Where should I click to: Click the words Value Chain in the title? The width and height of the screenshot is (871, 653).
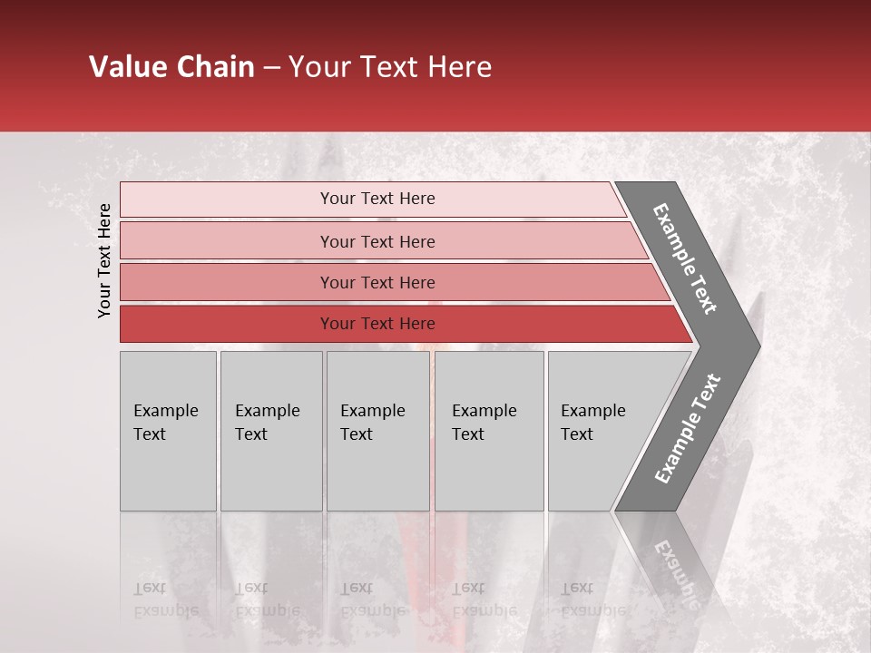pos(172,67)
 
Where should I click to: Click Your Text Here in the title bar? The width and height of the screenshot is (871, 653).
pos(390,67)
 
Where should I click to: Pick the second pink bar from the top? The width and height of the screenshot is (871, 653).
pos(377,241)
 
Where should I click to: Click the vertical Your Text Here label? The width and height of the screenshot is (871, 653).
pos(104,260)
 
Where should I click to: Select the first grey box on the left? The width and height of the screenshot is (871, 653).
pos(168,431)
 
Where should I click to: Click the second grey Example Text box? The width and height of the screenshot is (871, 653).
pos(271,431)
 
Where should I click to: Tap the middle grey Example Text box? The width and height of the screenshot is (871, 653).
pos(377,431)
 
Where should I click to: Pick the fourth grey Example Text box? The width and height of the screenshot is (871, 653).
pos(489,431)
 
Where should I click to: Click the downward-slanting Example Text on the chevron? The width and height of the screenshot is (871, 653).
pos(685,258)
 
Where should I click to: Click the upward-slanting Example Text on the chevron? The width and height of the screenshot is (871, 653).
pos(688,428)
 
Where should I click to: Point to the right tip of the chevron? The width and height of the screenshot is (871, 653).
pos(758,346)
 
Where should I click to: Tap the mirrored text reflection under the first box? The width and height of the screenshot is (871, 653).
pos(165,599)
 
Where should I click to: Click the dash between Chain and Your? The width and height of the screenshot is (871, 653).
pos(271,68)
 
